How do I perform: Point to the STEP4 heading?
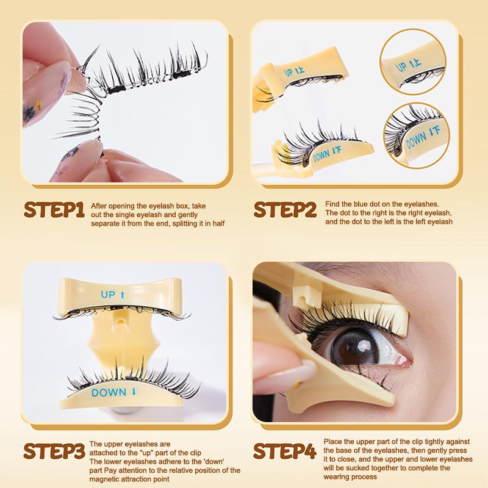tap(284, 452)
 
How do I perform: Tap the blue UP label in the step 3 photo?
tap(112, 295)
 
